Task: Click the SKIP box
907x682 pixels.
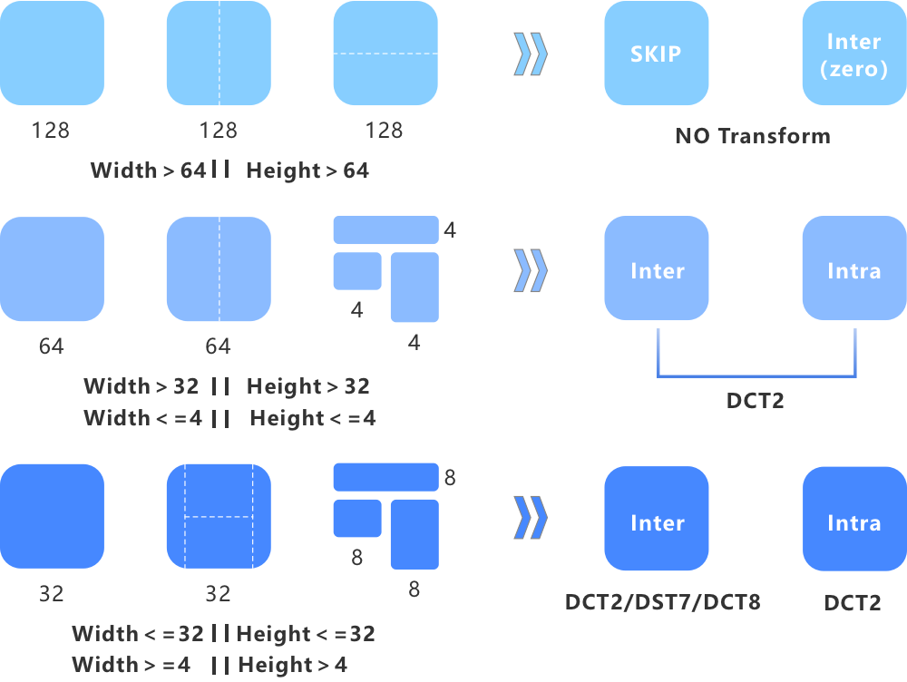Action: [x=656, y=54]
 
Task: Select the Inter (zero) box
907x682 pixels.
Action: [x=853, y=54]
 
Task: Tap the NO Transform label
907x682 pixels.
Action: [x=753, y=136]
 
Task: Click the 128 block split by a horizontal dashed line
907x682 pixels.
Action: [x=385, y=54]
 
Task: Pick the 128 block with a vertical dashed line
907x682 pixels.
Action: [x=219, y=54]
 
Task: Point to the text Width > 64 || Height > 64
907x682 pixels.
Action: [x=229, y=170]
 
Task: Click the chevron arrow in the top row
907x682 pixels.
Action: [x=531, y=54]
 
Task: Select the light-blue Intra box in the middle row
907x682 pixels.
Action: [x=853, y=269]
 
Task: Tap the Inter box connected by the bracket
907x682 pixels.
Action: [x=656, y=269]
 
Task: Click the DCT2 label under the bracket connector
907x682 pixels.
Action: [x=755, y=400]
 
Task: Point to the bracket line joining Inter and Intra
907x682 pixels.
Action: [x=755, y=375]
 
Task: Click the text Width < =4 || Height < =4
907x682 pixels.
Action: [x=229, y=418]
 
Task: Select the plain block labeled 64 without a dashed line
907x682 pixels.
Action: [x=52, y=269]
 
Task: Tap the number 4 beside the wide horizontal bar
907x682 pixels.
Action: [x=449, y=230]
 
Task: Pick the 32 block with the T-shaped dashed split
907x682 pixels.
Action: [x=219, y=516]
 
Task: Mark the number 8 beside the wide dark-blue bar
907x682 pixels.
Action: [x=449, y=477]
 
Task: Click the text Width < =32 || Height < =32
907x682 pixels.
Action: [x=223, y=634]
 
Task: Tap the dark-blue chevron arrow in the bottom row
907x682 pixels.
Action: [x=531, y=518]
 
